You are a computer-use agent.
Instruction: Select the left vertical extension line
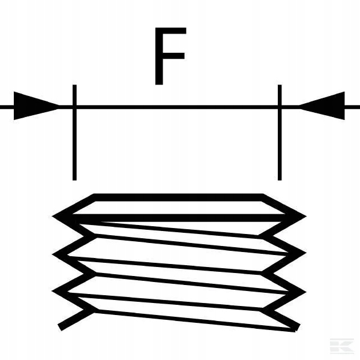click(74, 144)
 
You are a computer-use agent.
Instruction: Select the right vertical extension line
click(280, 144)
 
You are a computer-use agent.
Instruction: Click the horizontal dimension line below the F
click(177, 107)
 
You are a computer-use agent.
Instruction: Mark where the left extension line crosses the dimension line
click(74, 107)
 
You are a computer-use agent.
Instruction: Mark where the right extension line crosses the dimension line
click(280, 107)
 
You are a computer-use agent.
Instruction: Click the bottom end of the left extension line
click(74, 178)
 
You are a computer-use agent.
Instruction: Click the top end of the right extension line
click(280, 86)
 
